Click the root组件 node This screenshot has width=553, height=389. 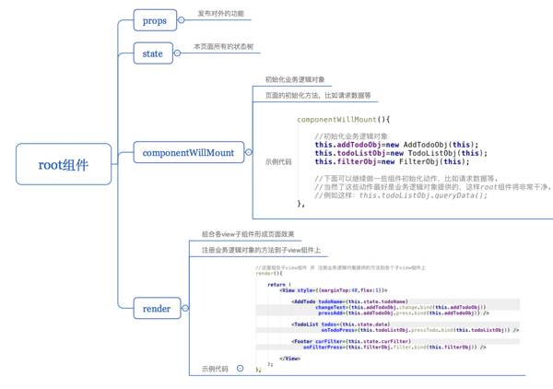63,165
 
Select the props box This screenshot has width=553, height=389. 154,19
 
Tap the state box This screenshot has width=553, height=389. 153,53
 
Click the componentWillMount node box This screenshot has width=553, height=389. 187,152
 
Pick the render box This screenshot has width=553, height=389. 157,308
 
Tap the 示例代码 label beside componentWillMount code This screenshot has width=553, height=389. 277,161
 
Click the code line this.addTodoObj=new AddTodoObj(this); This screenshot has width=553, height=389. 396,145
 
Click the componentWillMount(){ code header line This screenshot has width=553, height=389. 344,119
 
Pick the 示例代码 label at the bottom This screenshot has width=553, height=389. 216,368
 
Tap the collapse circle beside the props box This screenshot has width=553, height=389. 182,19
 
